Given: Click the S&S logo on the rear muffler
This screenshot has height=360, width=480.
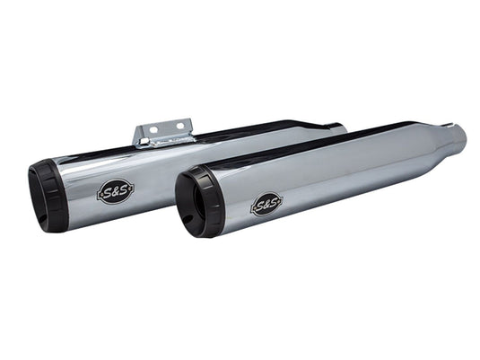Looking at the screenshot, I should tap(114, 191).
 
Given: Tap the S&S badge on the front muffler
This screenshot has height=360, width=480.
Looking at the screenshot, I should tap(266, 205).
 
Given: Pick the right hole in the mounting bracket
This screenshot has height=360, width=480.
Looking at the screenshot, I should tap(179, 126).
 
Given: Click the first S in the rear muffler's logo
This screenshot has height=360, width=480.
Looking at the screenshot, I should tap(105, 192).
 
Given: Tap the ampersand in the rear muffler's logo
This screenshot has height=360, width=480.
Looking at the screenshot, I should tap(114, 191).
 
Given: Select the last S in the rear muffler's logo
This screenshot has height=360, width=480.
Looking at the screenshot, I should tap(123, 190).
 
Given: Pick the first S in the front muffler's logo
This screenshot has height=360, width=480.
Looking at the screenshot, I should tap(258, 206).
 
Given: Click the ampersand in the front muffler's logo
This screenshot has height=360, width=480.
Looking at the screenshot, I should tap(266, 205).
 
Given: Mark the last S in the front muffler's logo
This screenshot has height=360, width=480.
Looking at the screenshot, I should tap(275, 203).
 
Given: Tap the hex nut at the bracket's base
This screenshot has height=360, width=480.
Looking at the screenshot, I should tap(141, 142).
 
